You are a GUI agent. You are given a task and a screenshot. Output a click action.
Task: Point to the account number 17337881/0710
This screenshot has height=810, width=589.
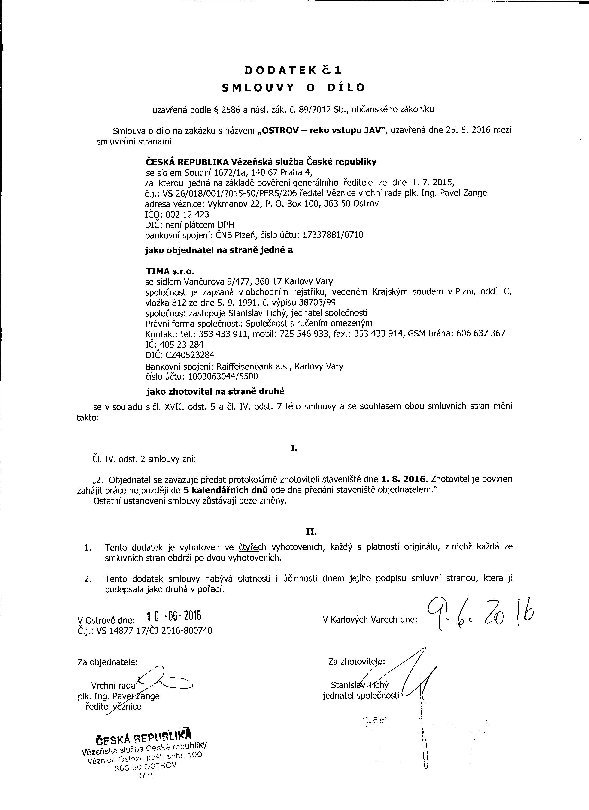pyautogui.click(x=333, y=235)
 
